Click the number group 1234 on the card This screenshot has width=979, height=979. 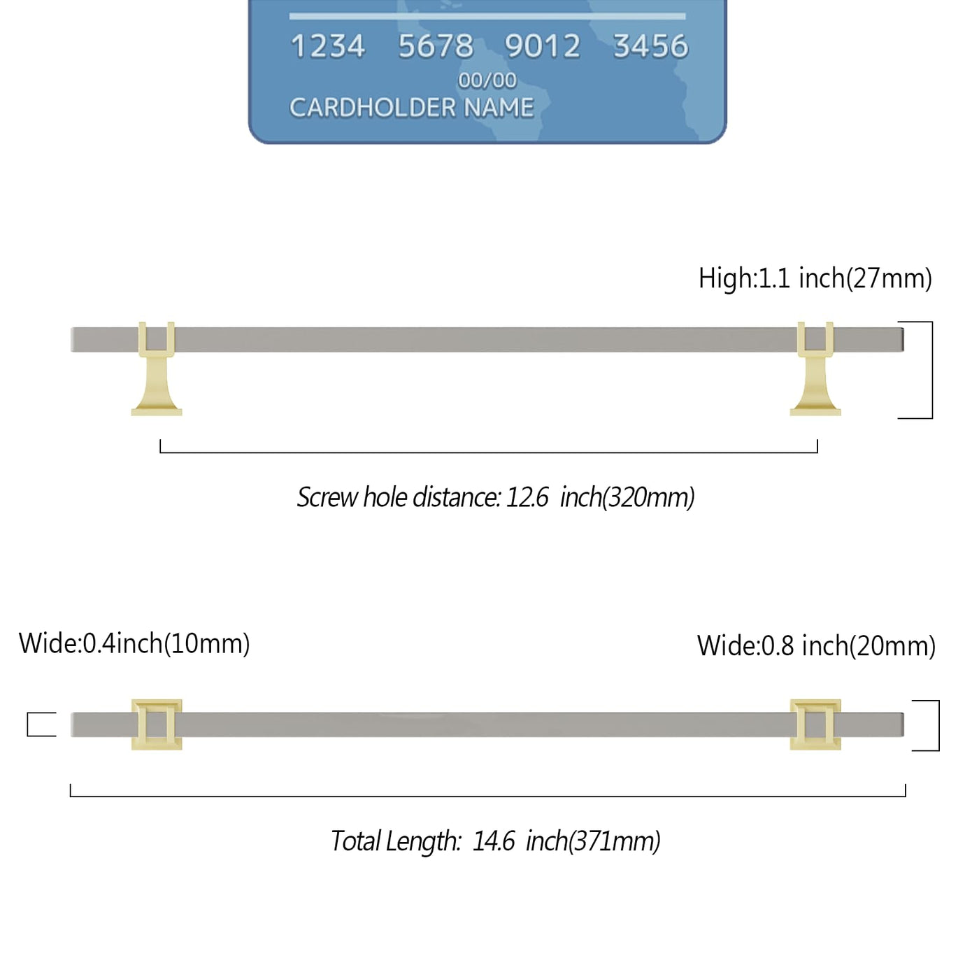[x=328, y=46]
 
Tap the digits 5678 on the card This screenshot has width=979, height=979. [x=436, y=46]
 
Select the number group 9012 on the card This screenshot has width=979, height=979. [x=542, y=46]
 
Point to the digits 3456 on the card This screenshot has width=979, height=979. [x=651, y=46]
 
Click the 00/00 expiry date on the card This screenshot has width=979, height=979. [x=487, y=80]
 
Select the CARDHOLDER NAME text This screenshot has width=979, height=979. [x=411, y=108]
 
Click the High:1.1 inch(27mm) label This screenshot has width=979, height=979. [x=815, y=278]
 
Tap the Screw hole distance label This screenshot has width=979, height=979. [x=495, y=497]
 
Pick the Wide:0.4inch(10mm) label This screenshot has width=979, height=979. [x=134, y=643]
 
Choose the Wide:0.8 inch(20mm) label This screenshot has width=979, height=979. [x=816, y=646]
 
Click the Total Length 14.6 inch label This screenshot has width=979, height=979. [x=495, y=841]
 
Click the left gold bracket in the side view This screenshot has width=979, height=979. [x=157, y=369]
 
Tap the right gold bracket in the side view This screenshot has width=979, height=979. [x=815, y=369]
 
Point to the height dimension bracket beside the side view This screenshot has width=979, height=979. [x=932, y=370]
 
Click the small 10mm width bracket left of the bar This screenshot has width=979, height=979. [x=27, y=724]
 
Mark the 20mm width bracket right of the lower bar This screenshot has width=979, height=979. [x=939, y=725]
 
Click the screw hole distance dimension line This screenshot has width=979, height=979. [x=489, y=452]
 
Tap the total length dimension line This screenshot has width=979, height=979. [x=487, y=796]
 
